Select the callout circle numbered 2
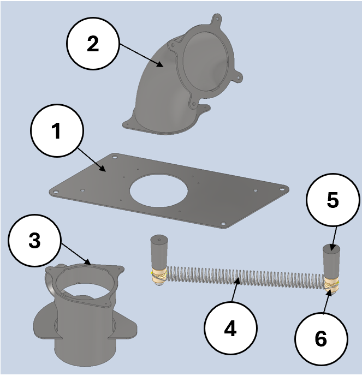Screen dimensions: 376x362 [93, 45]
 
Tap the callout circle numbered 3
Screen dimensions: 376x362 [34, 241]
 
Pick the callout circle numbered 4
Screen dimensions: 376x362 [230, 329]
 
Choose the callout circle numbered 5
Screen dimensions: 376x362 [333, 201]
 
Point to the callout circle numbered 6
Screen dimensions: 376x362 [321, 339]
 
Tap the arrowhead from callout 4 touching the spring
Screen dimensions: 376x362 [236, 280]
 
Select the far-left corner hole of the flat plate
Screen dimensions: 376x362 [55, 191]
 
